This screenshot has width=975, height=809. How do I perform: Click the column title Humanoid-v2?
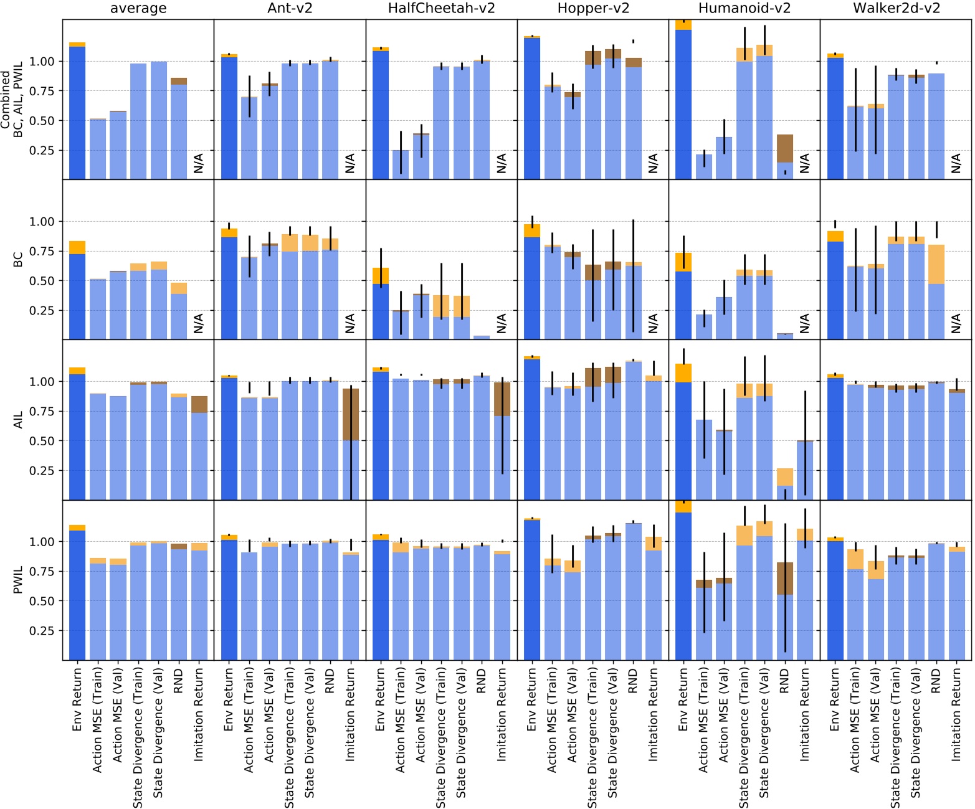[x=744, y=9]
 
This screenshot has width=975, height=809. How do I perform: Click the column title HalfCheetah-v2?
[x=441, y=9]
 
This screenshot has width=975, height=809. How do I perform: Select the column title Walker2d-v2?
[x=896, y=9]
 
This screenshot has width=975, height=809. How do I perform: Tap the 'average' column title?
[x=138, y=9]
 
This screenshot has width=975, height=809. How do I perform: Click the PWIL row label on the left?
[x=18, y=580]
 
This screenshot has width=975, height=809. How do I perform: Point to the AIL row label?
[x=18, y=419]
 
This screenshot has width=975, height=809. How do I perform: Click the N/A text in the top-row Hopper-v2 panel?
[x=653, y=163]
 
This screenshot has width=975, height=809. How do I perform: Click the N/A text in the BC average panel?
[x=198, y=323]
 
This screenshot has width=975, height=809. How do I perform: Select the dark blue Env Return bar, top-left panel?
[x=77, y=112]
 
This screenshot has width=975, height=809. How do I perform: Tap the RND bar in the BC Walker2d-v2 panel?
[x=936, y=293]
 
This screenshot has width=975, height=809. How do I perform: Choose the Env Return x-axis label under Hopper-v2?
[x=531, y=699]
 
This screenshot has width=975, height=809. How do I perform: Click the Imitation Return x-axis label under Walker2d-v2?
[x=956, y=714]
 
